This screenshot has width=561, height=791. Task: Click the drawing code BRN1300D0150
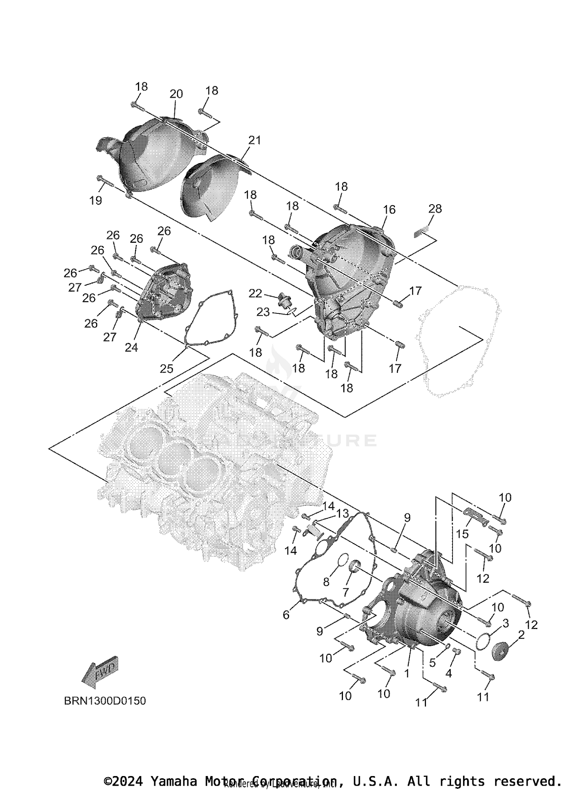(x=105, y=701)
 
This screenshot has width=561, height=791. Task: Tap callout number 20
(x=176, y=93)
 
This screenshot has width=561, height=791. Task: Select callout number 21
(x=254, y=140)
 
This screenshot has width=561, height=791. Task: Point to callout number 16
(x=389, y=209)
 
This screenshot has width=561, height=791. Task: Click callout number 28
(x=435, y=208)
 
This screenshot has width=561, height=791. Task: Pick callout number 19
(x=96, y=200)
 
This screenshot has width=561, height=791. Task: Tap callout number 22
(x=255, y=294)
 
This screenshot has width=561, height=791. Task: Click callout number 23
(x=263, y=312)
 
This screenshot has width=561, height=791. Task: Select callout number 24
(x=131, y=347)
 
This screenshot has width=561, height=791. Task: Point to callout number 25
(x=166, y=368)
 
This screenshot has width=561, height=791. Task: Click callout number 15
(x=462, y=534)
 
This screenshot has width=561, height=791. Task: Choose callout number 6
(x=286, y=615)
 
